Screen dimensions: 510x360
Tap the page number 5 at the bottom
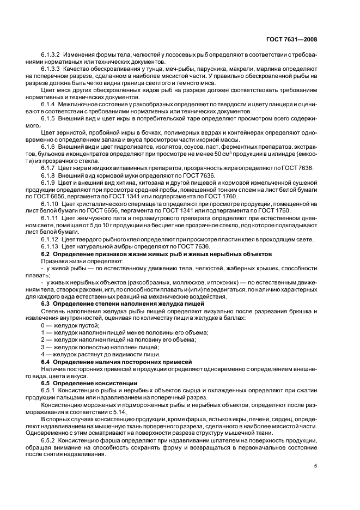316,465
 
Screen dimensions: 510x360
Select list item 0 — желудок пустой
70,324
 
